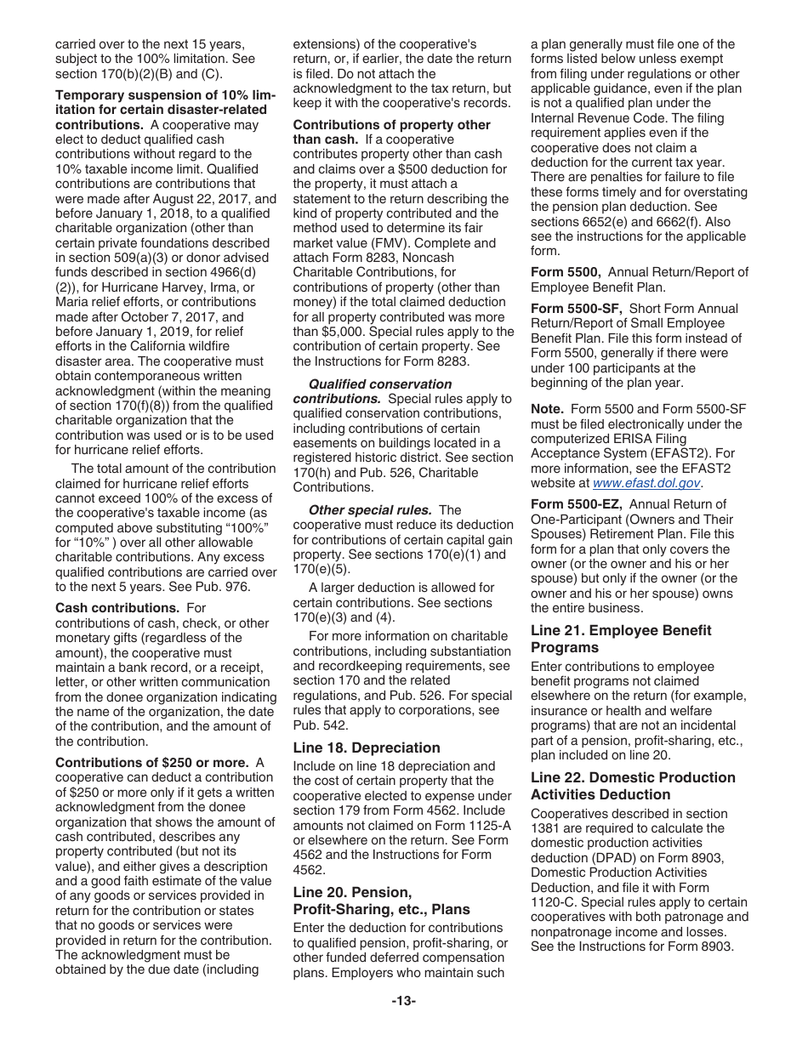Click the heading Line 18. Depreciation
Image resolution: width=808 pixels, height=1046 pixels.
click(367, 748)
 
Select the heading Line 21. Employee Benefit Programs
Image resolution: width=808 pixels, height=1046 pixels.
click(620, 639)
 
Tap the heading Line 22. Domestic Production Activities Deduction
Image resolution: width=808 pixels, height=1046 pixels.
click(632, 786)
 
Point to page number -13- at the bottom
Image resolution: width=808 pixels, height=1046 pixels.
click(403, 1001)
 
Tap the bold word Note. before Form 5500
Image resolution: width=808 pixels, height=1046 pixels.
click(547, 409)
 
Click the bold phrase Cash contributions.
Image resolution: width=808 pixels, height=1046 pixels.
click(117, 607)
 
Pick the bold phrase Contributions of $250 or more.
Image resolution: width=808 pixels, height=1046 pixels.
click(151, 762)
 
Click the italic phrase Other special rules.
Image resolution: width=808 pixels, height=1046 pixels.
click(369, 510)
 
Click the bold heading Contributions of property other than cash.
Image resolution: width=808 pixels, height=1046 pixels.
click(391, 132)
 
